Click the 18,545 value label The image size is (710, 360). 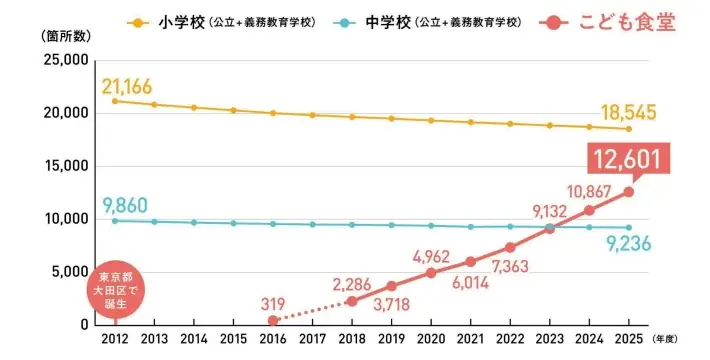[627, 112]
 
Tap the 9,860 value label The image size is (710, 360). [124, 206]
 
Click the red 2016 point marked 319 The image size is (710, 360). [273, 320]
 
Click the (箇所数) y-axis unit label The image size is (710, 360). [57, 34]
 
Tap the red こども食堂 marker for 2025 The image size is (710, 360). [628, 192]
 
